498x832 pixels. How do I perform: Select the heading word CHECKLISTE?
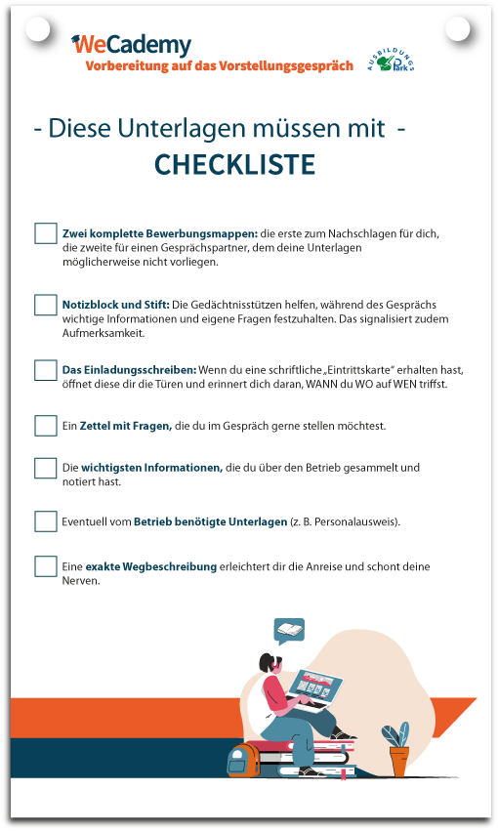(x=234, y=165)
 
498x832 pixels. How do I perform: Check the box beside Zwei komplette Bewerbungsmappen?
(x=46, y=233)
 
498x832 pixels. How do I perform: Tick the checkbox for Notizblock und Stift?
(x=46, y=305)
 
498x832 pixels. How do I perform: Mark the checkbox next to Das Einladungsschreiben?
(x=46, y=370)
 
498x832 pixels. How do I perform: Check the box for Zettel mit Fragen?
(x=46, y=426)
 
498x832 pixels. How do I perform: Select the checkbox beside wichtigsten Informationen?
(x=46, y=468)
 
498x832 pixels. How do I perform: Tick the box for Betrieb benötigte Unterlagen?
(x=46, y=521)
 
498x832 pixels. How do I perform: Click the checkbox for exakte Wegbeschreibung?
(x=46, y=566)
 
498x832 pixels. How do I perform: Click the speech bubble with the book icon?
(x=288, y=631)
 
